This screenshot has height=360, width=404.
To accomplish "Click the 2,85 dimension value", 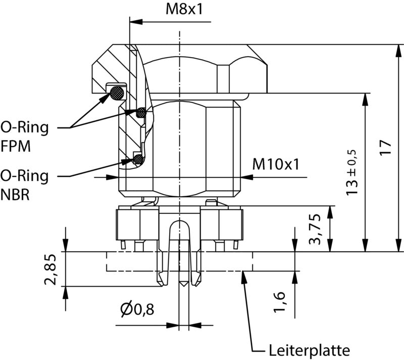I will click(50, 269).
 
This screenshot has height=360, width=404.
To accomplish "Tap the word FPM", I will click(16, 146).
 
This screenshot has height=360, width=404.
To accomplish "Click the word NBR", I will click(15, 195).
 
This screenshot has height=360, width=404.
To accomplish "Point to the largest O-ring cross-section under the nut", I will click(117, 93).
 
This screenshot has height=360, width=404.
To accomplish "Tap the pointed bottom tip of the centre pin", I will click(184, 286).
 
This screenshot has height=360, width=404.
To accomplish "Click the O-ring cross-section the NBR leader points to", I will click(138, 160).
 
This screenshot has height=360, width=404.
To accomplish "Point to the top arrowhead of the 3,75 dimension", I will click(331, 210).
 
